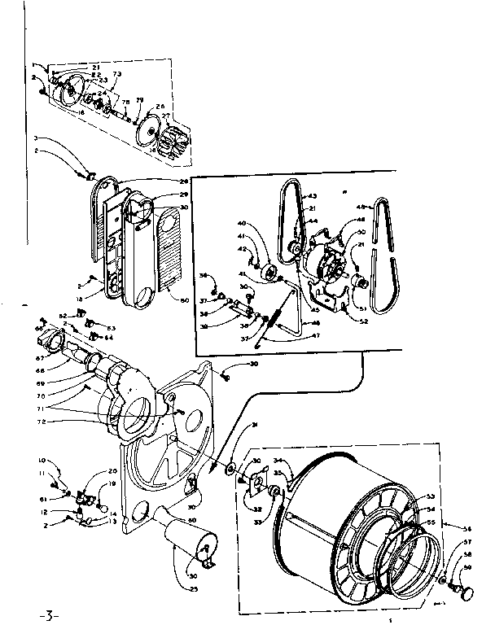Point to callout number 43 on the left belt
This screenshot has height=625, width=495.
311,197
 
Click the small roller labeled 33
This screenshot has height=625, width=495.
275,490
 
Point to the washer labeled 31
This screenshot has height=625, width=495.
231,469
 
